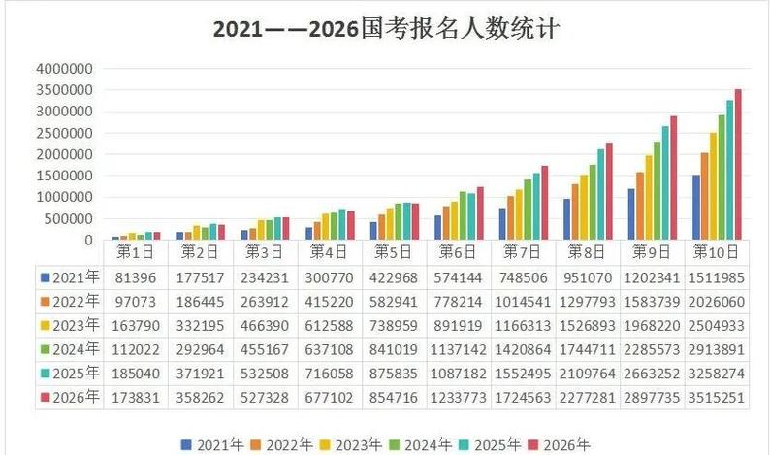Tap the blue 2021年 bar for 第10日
(x=696, y=208)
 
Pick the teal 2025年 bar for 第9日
(x=665, y=182)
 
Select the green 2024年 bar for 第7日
(x=529, y=210)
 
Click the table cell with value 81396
(x=136, y=276)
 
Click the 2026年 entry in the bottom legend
(x=560, y=444)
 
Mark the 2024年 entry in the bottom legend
(x=419, y=444)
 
